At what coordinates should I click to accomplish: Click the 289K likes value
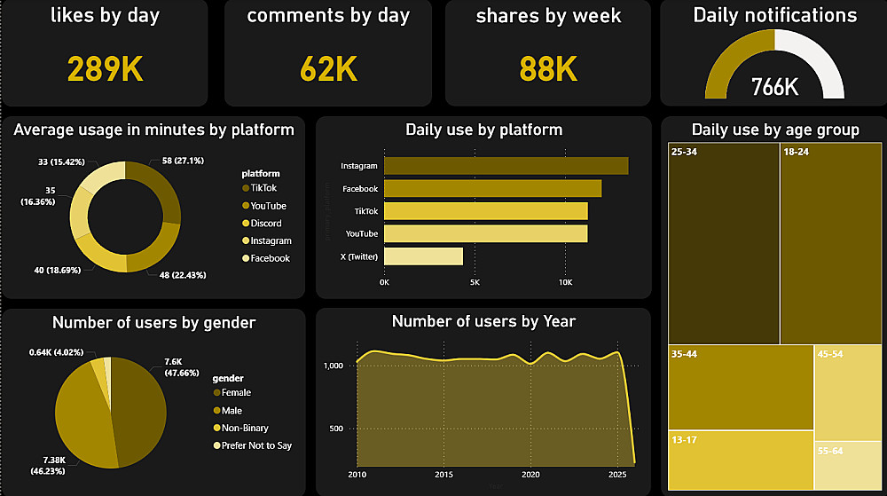(106, 68)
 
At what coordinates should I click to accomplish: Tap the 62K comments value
(328, 68)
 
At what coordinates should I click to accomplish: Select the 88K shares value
(548, 68)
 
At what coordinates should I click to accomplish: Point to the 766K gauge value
(774, 87)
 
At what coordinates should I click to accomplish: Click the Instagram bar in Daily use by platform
(506, 166)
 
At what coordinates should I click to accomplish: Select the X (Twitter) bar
(423, 256)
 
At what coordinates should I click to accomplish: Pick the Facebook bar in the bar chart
(492, 188)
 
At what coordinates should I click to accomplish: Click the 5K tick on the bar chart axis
(475, 282)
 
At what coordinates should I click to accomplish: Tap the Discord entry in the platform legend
(265, 224)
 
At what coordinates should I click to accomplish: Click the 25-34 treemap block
(724, 242)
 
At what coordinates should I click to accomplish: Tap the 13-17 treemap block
(741, 460)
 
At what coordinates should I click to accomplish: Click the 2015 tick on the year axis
(443, 475)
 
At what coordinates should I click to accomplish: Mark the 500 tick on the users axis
(334, 429)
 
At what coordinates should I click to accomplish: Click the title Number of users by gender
(153, 323)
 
